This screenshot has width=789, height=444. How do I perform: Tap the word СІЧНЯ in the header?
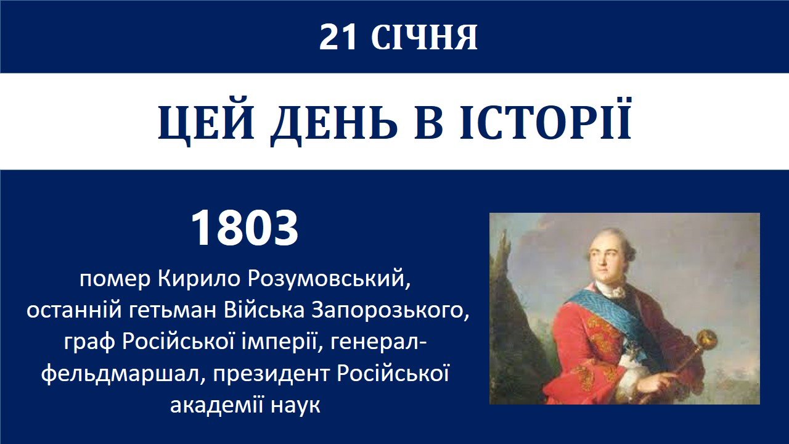pos(424,38)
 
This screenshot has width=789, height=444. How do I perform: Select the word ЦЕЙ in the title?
pos(206,122)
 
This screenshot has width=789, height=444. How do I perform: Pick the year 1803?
pos(245,228)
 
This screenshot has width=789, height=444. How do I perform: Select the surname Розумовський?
pos(329,280)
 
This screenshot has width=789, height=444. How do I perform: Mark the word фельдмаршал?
pos(123,374)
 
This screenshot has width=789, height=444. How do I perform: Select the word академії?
pos(216,406)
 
